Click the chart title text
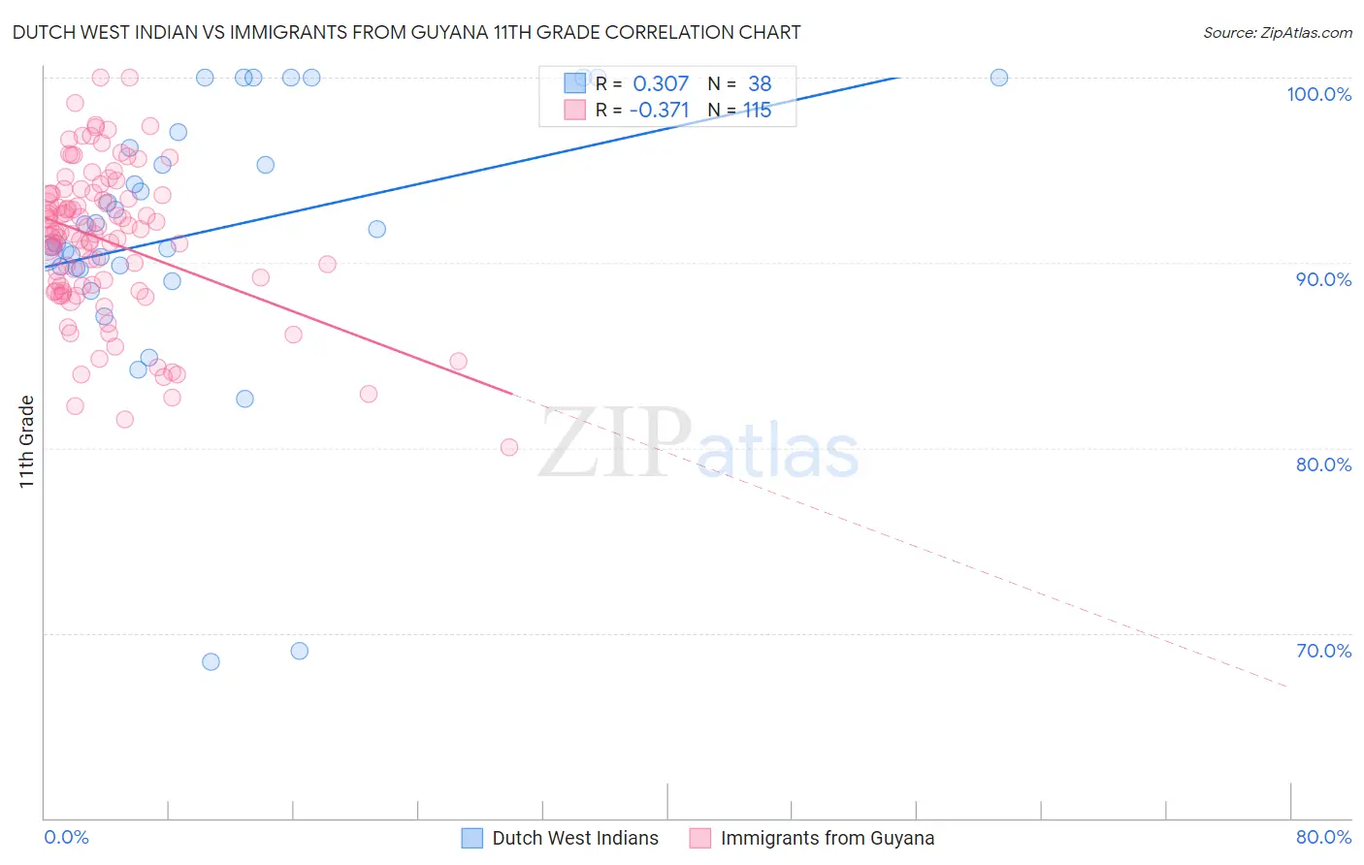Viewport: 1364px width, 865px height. click(406, 32)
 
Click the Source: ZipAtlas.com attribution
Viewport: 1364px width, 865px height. click(1277, 32)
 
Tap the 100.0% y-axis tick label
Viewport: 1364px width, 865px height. click(1318, 94)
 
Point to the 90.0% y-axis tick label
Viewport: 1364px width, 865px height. click(1323, 279)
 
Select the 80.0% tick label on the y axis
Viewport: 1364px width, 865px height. click(1323, 465)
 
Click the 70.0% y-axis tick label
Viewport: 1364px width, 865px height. click(1323, 651)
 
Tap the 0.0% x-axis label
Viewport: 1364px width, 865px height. click(66, 837)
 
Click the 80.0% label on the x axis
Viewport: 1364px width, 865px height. click(1323, 837)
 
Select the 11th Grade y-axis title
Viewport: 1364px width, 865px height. click(26, 441)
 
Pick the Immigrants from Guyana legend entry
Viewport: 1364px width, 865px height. click(812, 838)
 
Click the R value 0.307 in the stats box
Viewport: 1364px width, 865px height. click(661, 84)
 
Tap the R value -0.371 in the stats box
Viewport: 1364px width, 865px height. click(659, 111)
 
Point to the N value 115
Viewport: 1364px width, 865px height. click(758, 111)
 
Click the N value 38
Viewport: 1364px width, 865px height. click(760, 84)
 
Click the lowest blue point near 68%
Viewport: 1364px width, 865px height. click(211, 661)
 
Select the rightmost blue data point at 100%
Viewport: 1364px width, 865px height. click(999, 78)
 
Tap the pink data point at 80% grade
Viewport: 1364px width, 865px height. click(509, 447)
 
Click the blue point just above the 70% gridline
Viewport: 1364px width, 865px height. click(300, 651)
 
